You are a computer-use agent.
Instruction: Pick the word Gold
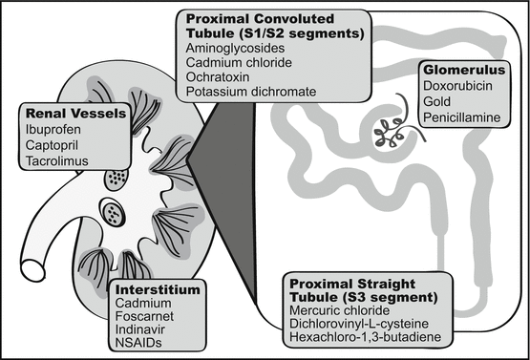tap(436, 102)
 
